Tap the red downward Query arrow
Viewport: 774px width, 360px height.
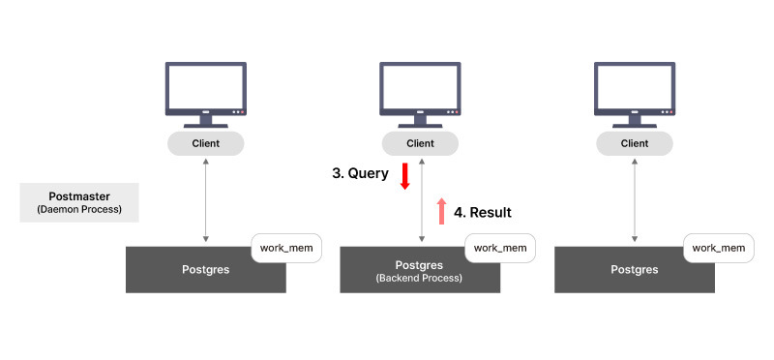405,176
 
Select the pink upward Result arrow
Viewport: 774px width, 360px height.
442,211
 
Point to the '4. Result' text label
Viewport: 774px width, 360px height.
482,212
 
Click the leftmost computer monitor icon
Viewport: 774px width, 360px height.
206,93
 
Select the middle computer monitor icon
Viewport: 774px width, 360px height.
420,93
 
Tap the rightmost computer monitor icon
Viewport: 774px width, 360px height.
635,93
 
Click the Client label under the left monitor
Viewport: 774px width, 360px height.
206,143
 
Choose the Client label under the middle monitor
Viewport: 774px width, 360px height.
420,143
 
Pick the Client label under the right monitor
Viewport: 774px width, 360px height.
635,143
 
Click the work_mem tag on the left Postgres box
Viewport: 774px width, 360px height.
286,248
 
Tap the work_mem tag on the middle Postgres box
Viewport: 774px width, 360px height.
500,248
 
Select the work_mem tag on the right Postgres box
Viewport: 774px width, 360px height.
719,248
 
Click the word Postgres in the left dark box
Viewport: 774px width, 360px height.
205,270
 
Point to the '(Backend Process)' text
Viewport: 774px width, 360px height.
420,278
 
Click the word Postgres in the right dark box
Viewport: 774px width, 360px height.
634,270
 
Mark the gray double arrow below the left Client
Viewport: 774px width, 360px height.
206,201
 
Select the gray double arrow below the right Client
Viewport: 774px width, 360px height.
635,201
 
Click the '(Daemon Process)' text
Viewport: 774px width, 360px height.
79,209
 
